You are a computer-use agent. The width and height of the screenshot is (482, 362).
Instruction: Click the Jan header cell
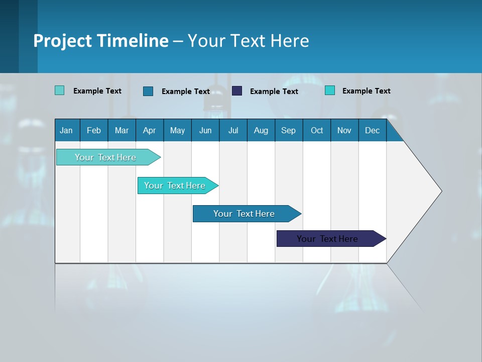[x=67, y=130]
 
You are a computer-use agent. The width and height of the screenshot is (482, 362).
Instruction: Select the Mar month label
[x=122, y=130]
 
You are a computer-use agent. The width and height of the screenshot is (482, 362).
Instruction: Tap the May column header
[x=177, y=130]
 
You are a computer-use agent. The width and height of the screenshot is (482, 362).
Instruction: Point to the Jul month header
[x=233, y=130]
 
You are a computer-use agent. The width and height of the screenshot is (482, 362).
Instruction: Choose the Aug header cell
[x=261, y=130]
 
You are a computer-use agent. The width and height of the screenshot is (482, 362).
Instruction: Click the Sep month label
[x=288, y=130]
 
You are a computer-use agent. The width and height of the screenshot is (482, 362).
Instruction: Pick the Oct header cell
[x=317, y=130]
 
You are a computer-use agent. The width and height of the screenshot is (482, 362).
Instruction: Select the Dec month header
[x=372, y=130]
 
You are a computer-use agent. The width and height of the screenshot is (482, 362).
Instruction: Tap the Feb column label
[x=94, y=130]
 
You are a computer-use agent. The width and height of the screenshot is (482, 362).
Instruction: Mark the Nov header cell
[x=344, y=130]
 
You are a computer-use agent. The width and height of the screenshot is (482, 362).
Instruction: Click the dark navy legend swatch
[x=237, y=90]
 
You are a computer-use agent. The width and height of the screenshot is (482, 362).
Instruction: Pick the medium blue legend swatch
[x=148, y=91]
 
